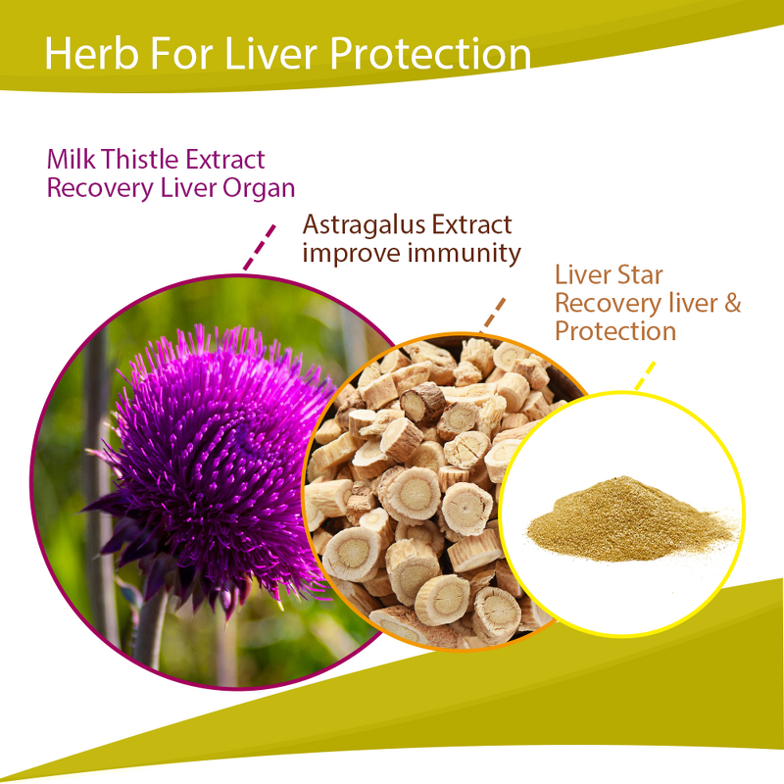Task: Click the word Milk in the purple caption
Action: tap(72, 159)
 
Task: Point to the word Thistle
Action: tap(138, 159)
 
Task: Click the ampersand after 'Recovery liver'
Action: tap(732, 302)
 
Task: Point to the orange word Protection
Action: tap(614, 331)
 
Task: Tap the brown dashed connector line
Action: tap(496, 312)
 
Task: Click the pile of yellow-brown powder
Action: tap(627, 518)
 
